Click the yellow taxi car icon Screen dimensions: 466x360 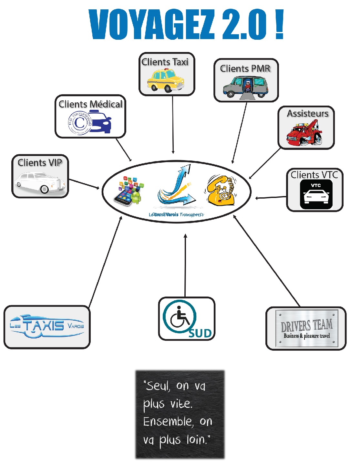[x=166, y=81]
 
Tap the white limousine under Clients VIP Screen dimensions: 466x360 [x=40, y=183]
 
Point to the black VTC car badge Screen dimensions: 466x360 [x=316, y=194]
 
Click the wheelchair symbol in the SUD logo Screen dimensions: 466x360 [x=180, y=317]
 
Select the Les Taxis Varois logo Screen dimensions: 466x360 [x=47, y=326]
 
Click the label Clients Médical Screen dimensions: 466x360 [x=90, y=104]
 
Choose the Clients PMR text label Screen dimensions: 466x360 [x=245, y=68]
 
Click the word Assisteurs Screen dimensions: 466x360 [x=307, y=114]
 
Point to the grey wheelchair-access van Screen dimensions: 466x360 [x=246, y=87]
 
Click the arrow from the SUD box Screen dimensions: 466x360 [x=185, y=265]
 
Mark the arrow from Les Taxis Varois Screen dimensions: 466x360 [x=105, y=262]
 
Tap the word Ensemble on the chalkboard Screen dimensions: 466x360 [x=168, y=422]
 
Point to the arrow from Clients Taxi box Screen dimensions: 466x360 [x=173, y=124]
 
